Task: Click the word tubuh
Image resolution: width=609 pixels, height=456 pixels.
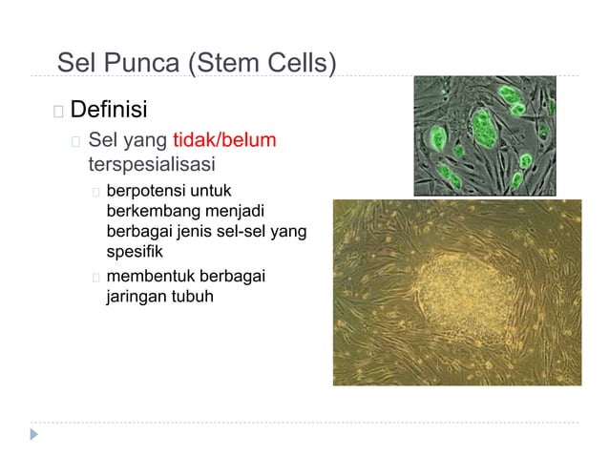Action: [x=192, y=297]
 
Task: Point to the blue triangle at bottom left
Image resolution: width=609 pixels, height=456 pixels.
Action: [x=35, y=433]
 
